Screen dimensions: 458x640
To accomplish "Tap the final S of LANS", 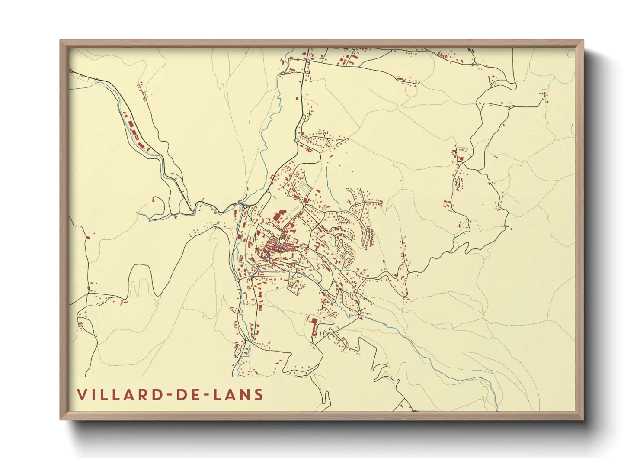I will (259, 395).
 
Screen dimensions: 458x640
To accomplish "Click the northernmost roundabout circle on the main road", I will (296, 141).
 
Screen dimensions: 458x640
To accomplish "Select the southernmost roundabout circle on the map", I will (238, 281).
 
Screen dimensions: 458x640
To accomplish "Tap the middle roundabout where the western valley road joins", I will (245, 206).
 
